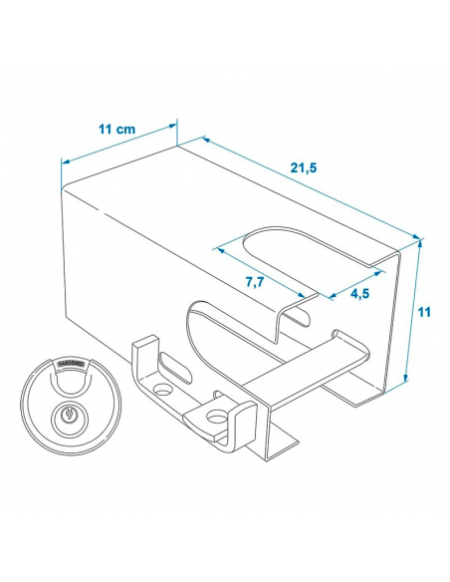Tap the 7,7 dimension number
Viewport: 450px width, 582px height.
click(x=254, y=283)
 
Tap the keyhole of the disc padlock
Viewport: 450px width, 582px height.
click(x=70, y=416)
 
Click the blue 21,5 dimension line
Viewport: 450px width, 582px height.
click(x=299, y=186)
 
